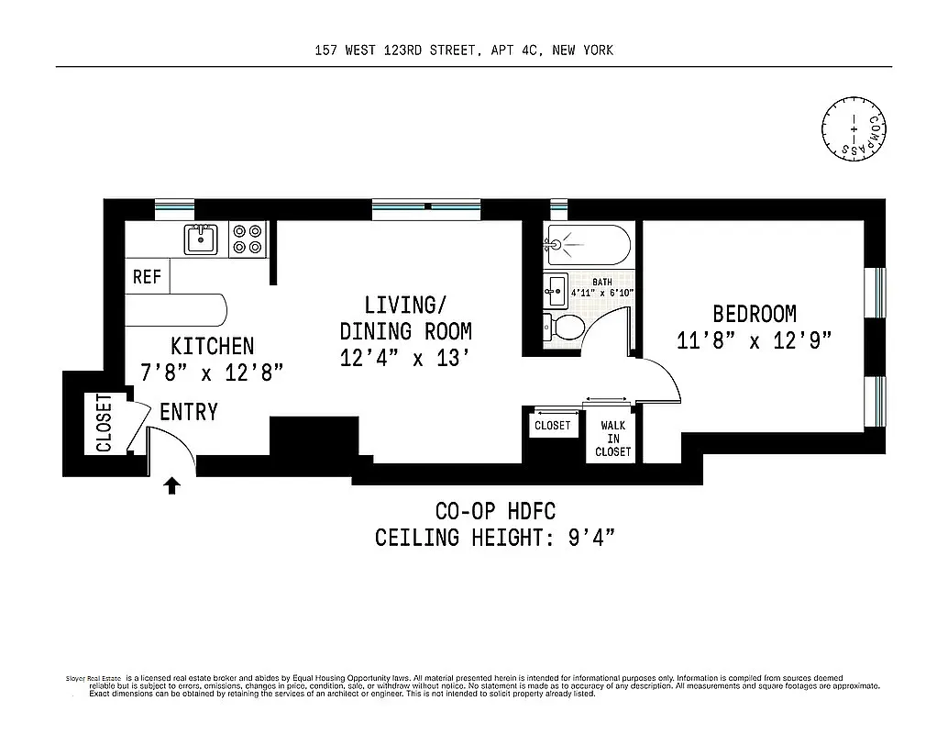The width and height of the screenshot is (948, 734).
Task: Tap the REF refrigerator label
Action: tap(147, 276)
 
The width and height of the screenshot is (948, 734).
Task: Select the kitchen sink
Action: tap(200, 240)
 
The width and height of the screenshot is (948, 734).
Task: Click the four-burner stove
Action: tap(248, 239)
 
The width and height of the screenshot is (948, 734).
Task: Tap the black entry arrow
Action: tap(171, 484)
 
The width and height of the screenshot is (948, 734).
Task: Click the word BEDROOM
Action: tap(754, 314)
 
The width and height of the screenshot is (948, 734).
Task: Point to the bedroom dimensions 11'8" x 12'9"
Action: tap(754, 341)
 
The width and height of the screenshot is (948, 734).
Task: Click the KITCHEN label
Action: tap(212, 346)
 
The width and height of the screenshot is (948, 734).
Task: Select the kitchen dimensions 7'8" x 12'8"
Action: tap(212, 373)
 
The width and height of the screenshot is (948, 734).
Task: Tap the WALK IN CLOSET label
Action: tap(612, 439)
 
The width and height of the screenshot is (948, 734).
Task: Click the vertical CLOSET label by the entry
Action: tap(103, 423)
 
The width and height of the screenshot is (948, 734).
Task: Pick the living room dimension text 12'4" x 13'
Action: tap(405, 358)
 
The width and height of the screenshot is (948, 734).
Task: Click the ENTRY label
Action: tap(189, 412)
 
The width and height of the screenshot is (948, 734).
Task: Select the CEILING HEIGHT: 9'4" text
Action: tap(494, 537)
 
